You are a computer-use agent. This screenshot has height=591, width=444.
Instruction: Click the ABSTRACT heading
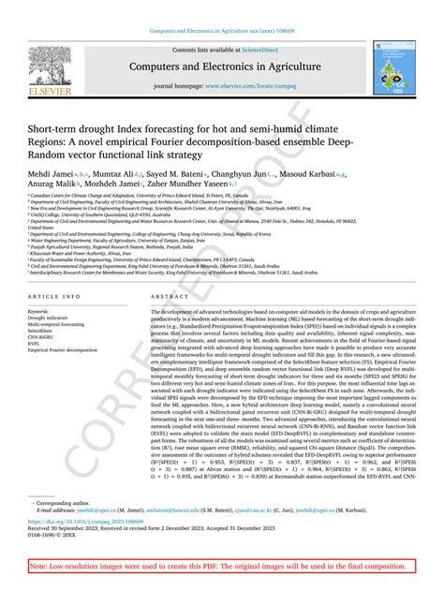coord(167,295)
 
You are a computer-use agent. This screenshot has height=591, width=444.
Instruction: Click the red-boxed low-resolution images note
coord(220,567)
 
